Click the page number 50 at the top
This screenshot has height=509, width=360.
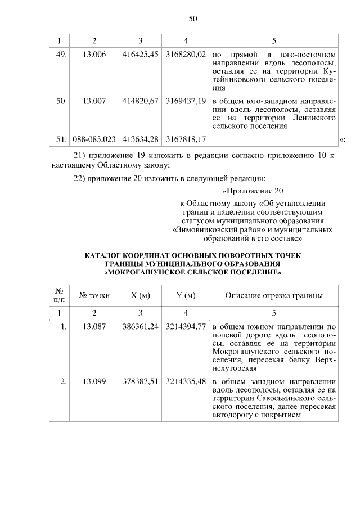[x=192, y=19]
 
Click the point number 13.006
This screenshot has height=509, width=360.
[x=94, y=55]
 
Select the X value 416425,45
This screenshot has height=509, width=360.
[x=140, y=55]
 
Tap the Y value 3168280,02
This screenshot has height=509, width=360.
[x=186, y=55]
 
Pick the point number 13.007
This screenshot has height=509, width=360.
[x=94, y=102]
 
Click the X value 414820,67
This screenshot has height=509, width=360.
[x=140, y=102]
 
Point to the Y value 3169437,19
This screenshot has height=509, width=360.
[x=186, y=102]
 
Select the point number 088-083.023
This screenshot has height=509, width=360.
[x=94, y=138]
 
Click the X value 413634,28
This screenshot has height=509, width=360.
[x=140, y=138]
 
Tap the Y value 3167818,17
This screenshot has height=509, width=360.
[x=186, y=138]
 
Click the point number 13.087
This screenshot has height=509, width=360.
[x=94, y=327]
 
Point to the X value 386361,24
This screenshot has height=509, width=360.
[x=140, y=327]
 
